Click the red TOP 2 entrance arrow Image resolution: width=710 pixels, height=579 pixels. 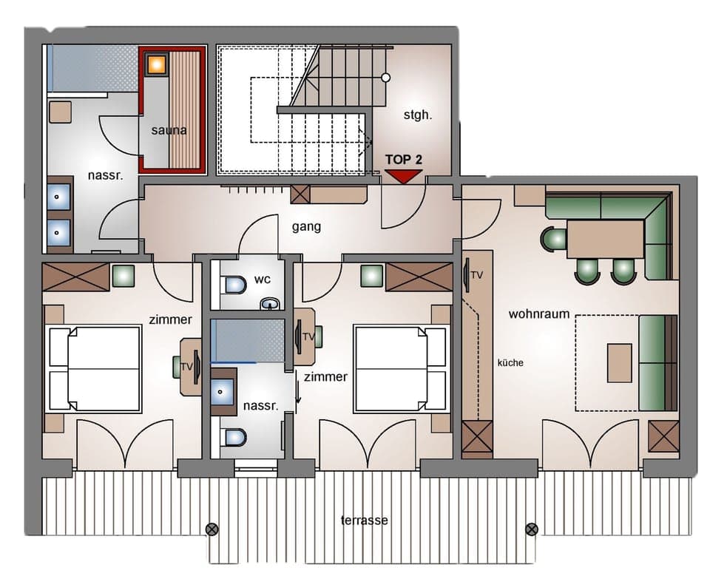[x=403, y=176]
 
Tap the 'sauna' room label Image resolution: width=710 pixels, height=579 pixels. [x=169, y=130]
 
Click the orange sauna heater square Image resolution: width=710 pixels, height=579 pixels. [x=156, y=64]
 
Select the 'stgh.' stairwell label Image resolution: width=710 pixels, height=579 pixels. [x=416, y=115]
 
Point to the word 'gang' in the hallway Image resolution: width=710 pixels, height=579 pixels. [x=306, y=226]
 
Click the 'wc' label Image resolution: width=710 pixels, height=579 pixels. [x=263, y=280]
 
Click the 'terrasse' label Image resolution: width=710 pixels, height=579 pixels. [x=364, y=520]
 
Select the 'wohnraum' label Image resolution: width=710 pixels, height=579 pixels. [x=539, y=314]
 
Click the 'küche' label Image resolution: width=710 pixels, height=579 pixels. [x=510, y=362]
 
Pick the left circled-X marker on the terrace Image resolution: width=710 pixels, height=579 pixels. [x=212, y=529]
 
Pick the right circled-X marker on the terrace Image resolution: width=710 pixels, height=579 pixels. [x=531, y=529]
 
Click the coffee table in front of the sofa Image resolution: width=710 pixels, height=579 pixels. [x=619, y=362]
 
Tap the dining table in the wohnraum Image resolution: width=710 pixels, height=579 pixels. [x=605, y=238]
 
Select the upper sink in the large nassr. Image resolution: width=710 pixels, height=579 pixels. [x=59, y=197]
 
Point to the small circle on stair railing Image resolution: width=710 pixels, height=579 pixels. [x=385, y=77]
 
